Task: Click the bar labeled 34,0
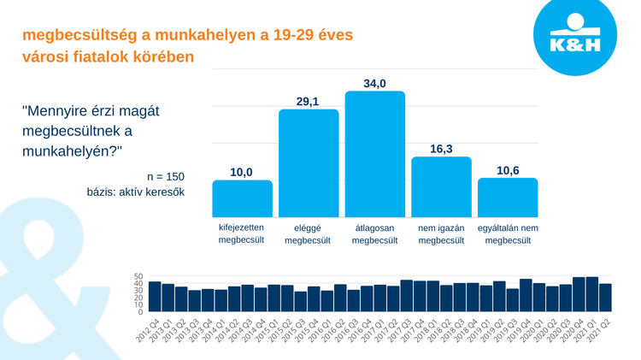point(374,154)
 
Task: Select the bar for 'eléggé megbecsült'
point(309,163)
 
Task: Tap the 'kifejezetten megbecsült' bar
point(242,198)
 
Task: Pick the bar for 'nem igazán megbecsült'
point(441,186)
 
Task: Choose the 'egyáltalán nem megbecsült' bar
point(508,198)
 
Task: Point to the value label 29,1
point(308,102)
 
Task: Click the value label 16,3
point(441,149)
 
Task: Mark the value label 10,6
point(508,170)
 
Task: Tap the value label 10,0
point(242,172)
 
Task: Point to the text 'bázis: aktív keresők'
point(135,192)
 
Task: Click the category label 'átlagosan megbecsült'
point(374,234)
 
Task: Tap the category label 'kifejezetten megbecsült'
point(242,234)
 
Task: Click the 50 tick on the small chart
point(138,278)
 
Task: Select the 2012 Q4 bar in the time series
point(155,296)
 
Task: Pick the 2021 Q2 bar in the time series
point(605,298)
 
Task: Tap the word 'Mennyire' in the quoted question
point(63,111)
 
